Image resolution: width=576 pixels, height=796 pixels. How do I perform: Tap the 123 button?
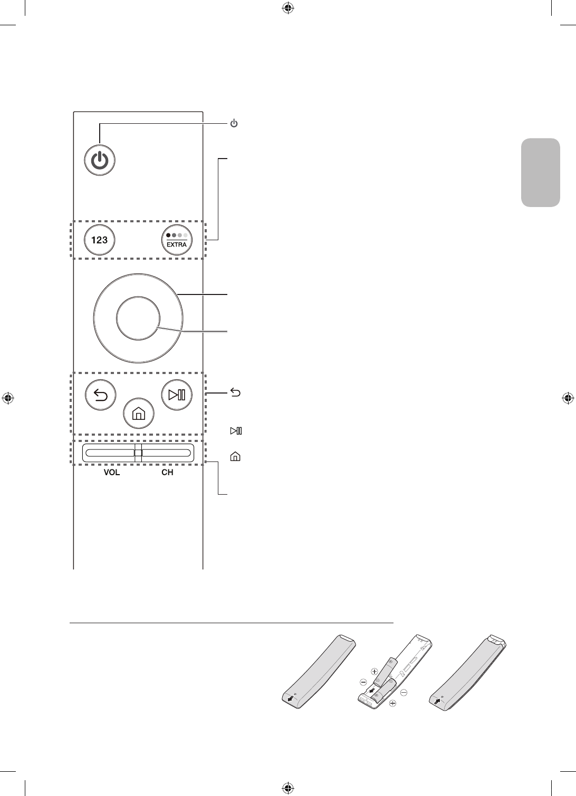100,240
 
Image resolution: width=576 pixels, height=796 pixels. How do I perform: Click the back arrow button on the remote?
100,395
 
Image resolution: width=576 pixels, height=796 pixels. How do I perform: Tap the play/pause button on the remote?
176,395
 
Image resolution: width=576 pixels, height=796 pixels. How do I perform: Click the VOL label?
111,473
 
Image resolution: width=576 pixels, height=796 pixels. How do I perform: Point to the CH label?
167,473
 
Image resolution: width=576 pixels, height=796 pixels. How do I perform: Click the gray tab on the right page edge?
540,172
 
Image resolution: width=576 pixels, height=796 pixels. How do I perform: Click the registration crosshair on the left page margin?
7,398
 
